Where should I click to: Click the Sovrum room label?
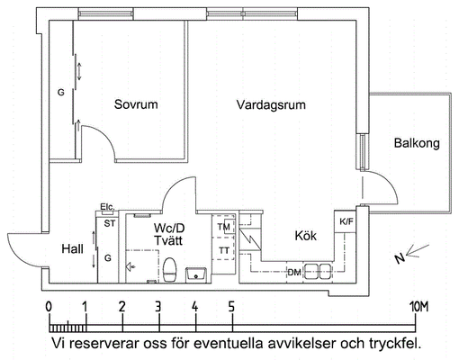(x=136, y=104)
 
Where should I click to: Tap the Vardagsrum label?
(x=271, y=105)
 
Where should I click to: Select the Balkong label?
(x=417, y=143)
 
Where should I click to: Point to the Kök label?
(x=306, y=236)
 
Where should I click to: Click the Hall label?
(x=72, y=248)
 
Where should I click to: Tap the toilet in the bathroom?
(x=169, y=270)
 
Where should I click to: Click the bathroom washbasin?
(x=196, y=275)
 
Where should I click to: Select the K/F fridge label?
(x=346, y=222)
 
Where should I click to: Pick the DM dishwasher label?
(x=294, y=273)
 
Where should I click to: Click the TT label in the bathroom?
(x=224, y=250)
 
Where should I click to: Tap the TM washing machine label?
(x=223, y=227)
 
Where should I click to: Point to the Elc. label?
(x=107, y=207)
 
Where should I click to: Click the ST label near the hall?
(x=110, y=223)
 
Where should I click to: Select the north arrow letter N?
(x=400, y=258)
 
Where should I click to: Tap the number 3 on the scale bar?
(x=158, y=307)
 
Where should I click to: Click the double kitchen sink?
(x=317, y=271)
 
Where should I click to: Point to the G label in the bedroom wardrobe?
(x=61, y=93)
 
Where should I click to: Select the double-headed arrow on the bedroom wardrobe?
(x=79, y=71)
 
